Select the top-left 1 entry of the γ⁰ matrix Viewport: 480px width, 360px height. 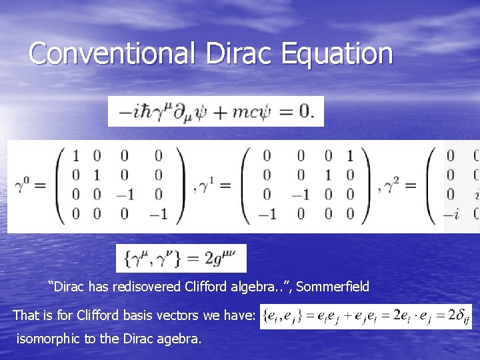(75, 156)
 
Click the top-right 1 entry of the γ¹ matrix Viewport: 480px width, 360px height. (349, 156)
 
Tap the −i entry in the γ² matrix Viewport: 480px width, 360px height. (453, 213)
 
